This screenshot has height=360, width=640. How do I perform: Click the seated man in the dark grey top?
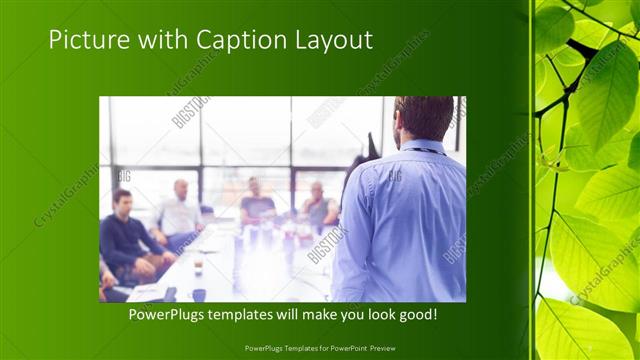coord(257,203)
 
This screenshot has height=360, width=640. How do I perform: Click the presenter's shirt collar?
coord(421,146)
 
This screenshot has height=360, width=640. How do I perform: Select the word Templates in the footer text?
coord(288,348)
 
